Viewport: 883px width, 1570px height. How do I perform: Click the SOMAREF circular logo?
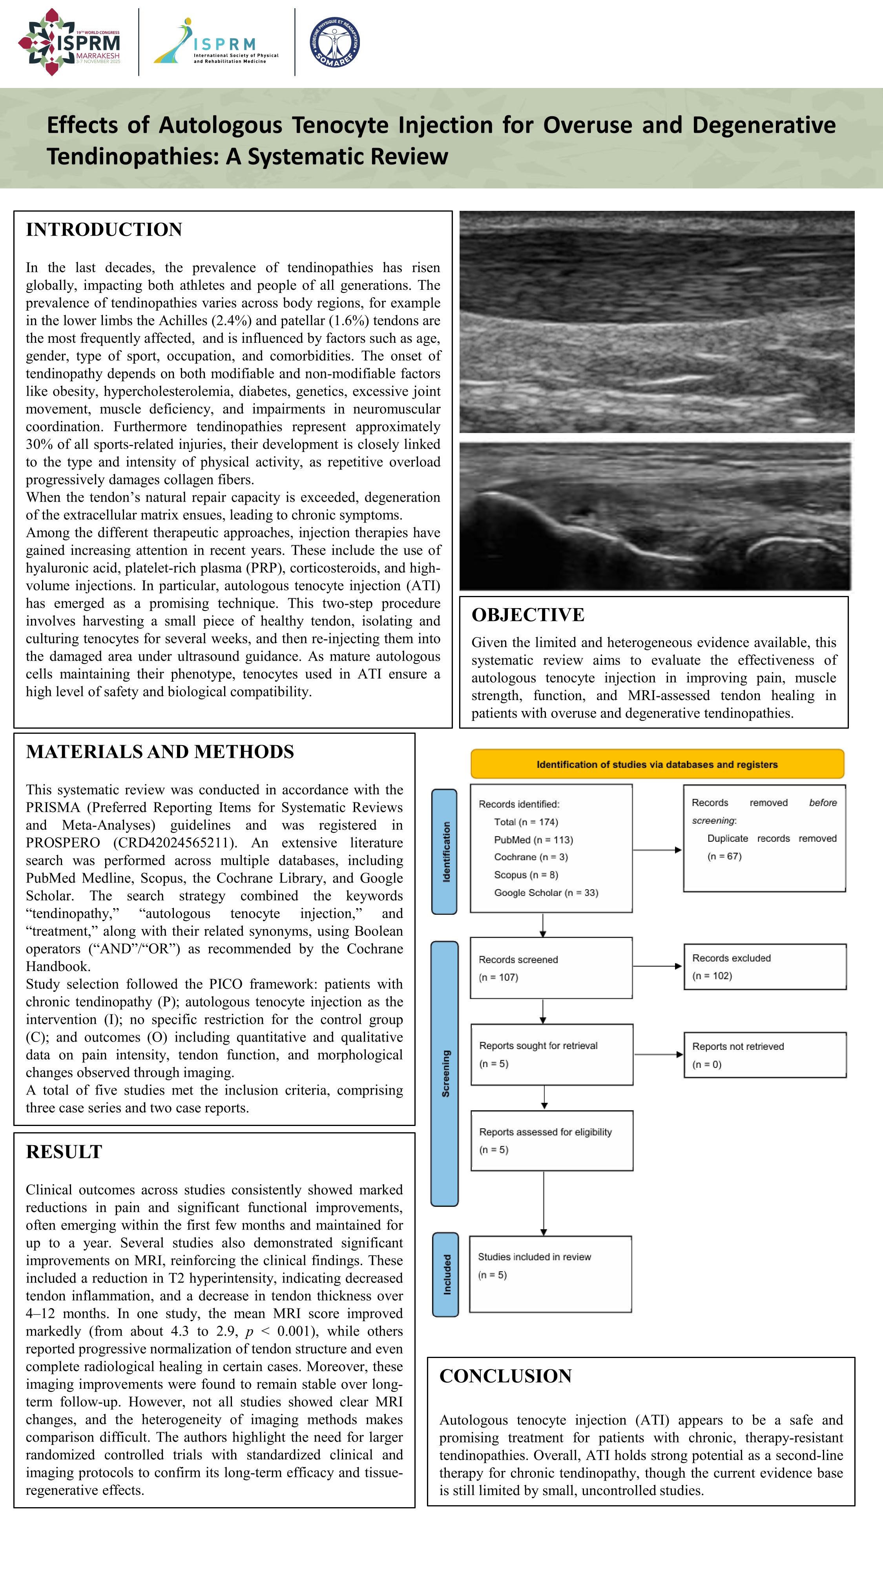click(x=334, y=42)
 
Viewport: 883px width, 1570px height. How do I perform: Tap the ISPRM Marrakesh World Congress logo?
click(x=69, y=42)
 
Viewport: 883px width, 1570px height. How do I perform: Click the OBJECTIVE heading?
click(x=528, y=615)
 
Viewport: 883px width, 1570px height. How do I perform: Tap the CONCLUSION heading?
click(x=505, y=1376)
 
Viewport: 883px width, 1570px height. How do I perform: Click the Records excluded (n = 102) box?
click(x=765, y=967)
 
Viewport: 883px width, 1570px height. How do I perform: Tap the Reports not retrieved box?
click(x=765, y=1055)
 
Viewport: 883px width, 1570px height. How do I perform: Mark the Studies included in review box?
click(x=550, y=1274)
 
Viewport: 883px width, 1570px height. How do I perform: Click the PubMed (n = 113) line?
click(x=533, y=840)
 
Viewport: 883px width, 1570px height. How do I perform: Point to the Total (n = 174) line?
click(x=526, y=822)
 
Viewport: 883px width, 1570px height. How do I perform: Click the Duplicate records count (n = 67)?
click(x=724, y=856)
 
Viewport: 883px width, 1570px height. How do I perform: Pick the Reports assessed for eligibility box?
click(x=551, y=1140)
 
